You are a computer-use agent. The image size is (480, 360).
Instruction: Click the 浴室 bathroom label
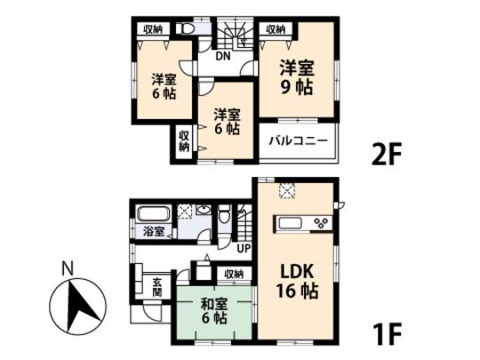[153, 232]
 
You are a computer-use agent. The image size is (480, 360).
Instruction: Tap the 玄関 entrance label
[156, 285]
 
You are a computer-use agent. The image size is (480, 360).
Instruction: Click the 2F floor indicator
[387, 152]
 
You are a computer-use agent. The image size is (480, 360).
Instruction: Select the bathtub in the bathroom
[154, 214]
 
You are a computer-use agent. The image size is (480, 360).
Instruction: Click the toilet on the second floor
[187, 29]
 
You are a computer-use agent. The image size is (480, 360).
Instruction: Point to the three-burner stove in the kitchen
[319, 222]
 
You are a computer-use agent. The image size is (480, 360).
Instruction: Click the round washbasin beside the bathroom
[204, 213]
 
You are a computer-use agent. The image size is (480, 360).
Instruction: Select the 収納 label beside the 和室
[233, 274]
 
